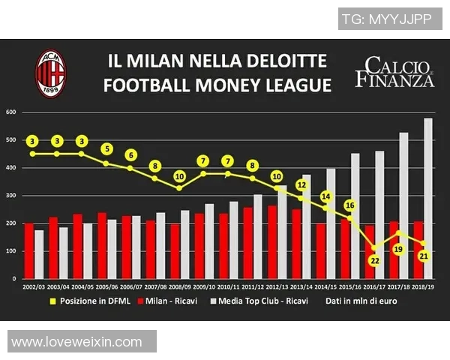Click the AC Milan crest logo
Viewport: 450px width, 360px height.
(51, 72)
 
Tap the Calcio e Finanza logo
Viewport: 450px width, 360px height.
(394, 72)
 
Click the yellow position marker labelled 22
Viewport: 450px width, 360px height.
(373, 259)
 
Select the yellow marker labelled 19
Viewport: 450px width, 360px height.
(398, 248)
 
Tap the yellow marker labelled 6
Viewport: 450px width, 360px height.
(130, 155)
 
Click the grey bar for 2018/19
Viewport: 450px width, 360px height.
(428, 199)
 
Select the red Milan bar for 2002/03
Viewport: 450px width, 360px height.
(29, 250)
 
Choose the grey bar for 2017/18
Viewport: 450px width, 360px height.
(403, 205)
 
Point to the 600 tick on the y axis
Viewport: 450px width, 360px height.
(11, 112)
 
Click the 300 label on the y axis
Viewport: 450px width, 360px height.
(11, 196)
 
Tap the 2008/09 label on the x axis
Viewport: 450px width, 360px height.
(180, 286)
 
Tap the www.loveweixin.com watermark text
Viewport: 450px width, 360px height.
(76, 342)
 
